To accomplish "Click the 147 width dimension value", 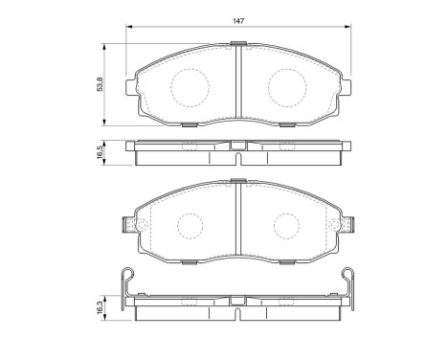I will point(235,21).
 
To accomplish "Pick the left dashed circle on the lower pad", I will point(188,226).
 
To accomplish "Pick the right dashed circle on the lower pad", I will point(285,226).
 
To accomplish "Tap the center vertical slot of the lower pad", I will point(236,225).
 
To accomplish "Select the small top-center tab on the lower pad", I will point(236,182).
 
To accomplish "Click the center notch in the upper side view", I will point(236,146).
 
